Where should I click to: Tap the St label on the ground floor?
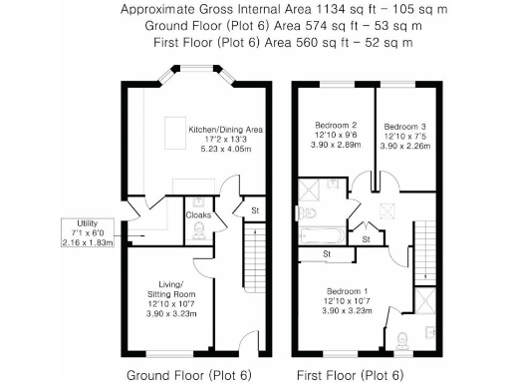point(255,210)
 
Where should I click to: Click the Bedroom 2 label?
point(328,127)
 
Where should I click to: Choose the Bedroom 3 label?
point(406,127)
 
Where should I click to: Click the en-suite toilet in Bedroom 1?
point(401,338)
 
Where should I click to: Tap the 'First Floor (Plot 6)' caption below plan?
point(350,375)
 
